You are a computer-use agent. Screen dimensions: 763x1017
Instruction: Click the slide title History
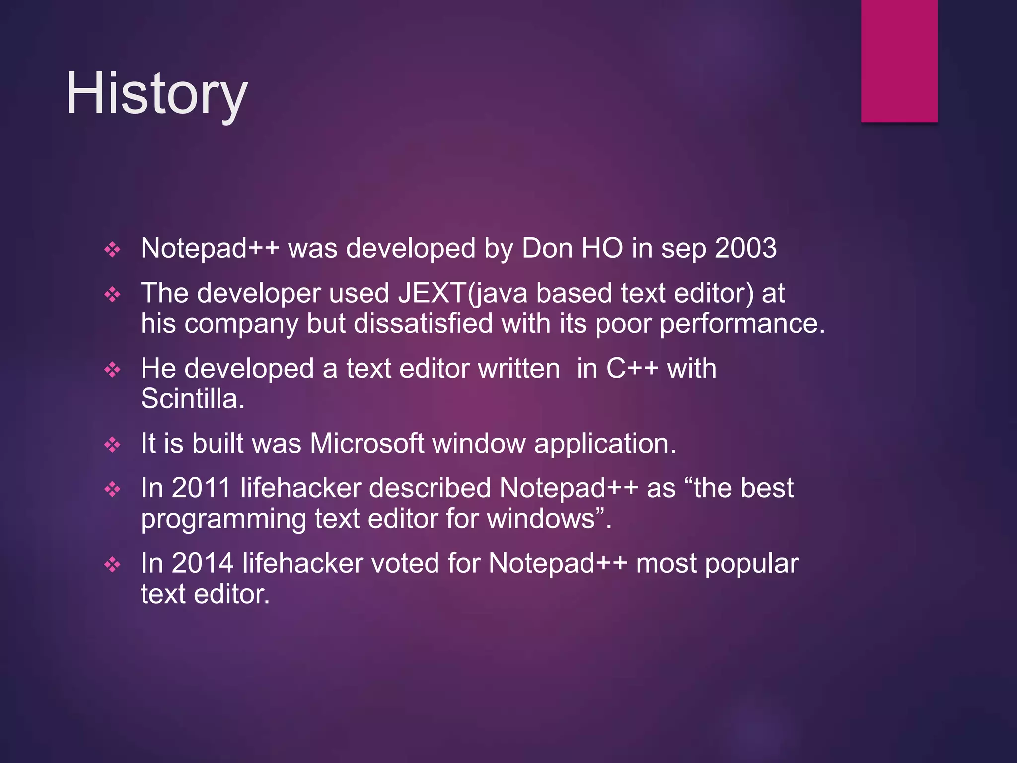156,93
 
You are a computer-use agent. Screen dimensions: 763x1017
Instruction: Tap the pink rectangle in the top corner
899,61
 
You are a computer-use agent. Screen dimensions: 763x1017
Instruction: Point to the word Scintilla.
193,399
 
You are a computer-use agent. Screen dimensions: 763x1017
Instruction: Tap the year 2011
201,488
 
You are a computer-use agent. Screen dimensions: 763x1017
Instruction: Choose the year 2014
203,563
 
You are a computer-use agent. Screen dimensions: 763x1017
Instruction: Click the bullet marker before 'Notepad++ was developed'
113,249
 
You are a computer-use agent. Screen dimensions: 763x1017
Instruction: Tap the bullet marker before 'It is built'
113,445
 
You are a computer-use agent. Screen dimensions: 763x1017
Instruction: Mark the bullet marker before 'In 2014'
113,565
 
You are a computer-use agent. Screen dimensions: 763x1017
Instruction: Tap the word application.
605,444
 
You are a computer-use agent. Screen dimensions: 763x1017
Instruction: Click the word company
241,324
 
